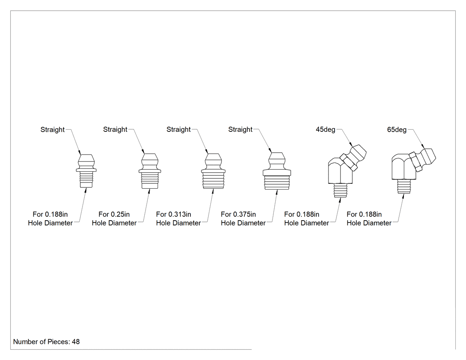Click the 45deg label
click(x=325, y=130)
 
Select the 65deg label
click(x=397, y=130)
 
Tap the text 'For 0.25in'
click(x=114, y=214)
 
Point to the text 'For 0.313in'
click(x=174, y=214)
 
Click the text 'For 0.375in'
click(x=238, y=214)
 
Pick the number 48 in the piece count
click(x=76, y=342)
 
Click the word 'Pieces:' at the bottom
click(x=59, y=342)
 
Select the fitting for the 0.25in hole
click(x=150, y=171)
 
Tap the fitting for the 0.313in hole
click(x=213, y=171)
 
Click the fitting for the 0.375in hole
click(x=277, y=171)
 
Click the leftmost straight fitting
click(x=86, y=171)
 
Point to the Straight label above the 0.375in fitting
click(x=240, y=130)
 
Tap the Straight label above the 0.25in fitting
click(x=115, y=130)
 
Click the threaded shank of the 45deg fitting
click(x=340, y=190)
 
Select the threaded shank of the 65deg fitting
click(x=404, y=187)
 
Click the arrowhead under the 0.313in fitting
click(x=213, y=191)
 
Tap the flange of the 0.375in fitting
click(x=277, y=172)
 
